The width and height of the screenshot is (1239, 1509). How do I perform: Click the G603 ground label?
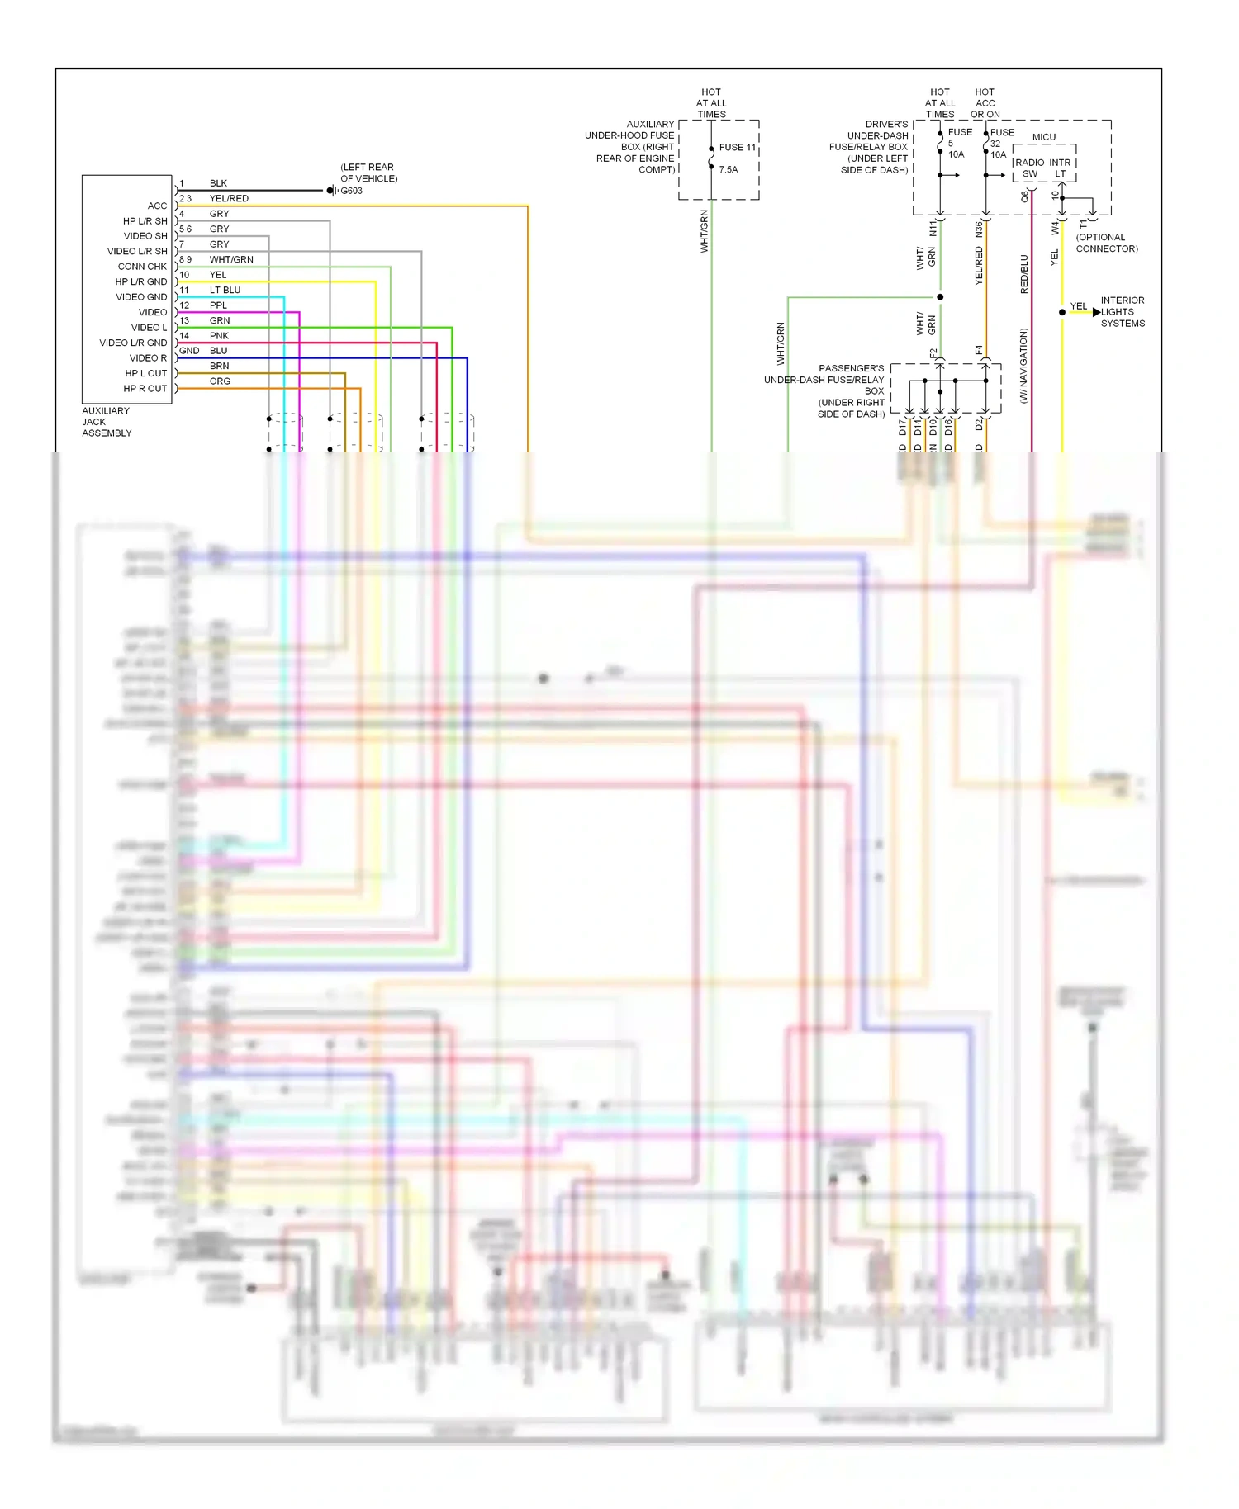pos(352,191)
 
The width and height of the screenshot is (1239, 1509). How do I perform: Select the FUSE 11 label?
pos(737,148)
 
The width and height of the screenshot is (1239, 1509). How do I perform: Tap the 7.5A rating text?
pos(728,170)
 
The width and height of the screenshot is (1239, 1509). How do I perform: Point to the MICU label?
pos(1043,137)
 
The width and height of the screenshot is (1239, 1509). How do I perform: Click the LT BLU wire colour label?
pos(225,291)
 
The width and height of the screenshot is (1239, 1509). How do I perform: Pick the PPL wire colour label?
pos(218,305)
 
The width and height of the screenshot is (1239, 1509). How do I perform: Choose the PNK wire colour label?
pos(219,336)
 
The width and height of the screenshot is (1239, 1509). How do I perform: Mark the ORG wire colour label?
pos(220,381)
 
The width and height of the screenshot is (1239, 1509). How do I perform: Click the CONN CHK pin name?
pos(142,267)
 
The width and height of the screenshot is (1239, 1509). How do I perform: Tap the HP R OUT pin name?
pos(145,389)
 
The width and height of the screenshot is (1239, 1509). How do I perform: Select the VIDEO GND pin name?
pos(141,297)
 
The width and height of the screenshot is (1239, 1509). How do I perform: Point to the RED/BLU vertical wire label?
pos(1024,274)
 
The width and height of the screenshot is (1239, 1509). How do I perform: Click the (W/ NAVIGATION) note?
pos(1023,366)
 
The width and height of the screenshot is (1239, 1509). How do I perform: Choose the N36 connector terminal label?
pos(979,229)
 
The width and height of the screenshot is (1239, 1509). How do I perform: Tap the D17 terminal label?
pos(902,428)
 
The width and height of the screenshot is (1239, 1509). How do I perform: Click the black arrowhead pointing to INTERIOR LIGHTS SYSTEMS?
pos(1096,312)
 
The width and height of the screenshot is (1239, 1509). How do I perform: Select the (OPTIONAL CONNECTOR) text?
pos(1106,243)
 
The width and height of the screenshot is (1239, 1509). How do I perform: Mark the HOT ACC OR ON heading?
pos(985,103)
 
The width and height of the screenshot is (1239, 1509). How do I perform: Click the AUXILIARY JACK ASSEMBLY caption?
pos(107,422)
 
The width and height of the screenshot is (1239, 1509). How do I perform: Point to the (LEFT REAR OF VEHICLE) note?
pos(368,173)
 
